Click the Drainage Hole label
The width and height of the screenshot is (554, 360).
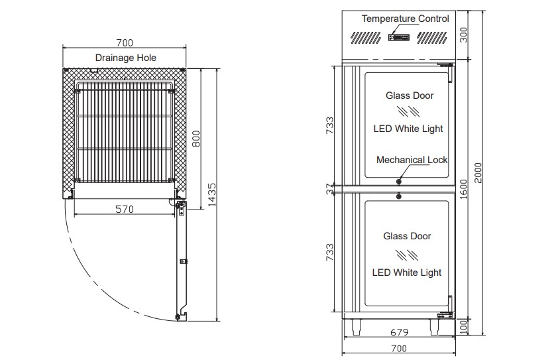(x=126, y=58)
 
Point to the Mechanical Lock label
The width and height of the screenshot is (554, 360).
(x=412, y=160)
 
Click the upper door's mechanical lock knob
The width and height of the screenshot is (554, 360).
(x=399, y=180)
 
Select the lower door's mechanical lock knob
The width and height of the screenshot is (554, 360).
(x=399, y=196)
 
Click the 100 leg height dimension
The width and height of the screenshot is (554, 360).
(x=464, y=326)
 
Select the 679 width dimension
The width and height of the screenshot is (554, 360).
(x=398, y=332)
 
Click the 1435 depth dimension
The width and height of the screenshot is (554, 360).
(x=211, y=195)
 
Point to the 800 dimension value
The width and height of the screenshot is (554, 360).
(x=195, y=139)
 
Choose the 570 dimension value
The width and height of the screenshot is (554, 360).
(x=125, y=210)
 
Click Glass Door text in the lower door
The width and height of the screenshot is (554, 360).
(x=407, y=236)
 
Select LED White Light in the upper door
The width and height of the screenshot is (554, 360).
(x=408, y=129)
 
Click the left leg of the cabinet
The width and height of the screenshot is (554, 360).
(x=359, y=324)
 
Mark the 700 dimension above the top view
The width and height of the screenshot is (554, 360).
(x=125, y=42)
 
